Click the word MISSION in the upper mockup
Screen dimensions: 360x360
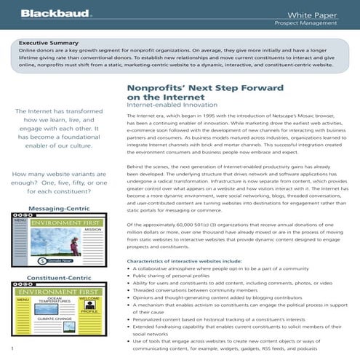[93, 229]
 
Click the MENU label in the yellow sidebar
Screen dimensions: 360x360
[22, 299]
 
